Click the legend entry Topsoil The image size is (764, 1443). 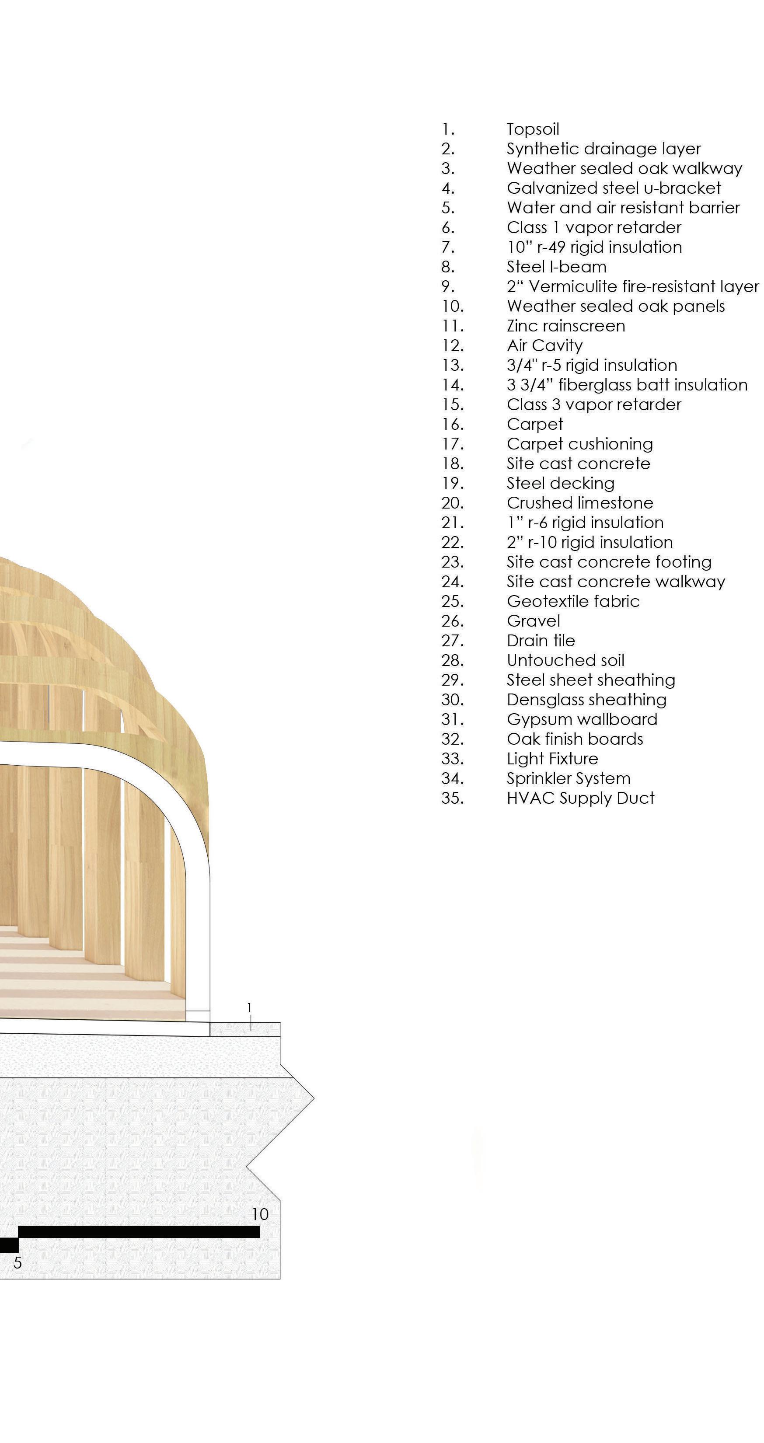pos(533,129)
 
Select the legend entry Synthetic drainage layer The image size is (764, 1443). pos(603,149)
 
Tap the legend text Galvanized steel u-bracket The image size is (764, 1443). pos(613,188)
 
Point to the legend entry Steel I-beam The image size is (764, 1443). pos(556,267)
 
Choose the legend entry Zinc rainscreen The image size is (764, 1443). pos(566,326)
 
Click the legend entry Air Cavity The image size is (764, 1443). pos(544,345)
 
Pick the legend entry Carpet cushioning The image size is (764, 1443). pos(580,444)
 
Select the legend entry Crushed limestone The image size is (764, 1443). pos(580,503)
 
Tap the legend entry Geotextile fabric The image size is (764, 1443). pos(573,602)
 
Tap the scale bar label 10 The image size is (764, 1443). pos(260,1214)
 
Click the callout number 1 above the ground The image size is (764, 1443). pos(250,1008)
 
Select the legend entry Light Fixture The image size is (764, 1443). pos(552,759)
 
